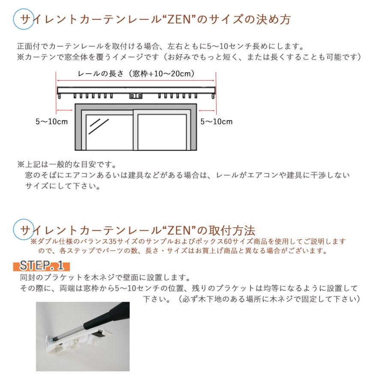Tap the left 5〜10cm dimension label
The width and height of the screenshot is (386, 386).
pyautogui.click(x=51, y=122)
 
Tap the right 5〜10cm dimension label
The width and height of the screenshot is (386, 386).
pyautogui.click(x=217, y=122)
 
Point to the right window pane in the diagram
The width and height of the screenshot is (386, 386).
pyautogui.click(x=162, y=130)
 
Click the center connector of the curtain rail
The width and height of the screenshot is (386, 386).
pyautogui.click(x=136, y=96)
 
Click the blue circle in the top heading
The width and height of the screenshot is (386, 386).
pyautogui.click(x=24, y=20)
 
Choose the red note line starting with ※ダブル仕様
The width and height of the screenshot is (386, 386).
pyautogui.click(x=188, y=242)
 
